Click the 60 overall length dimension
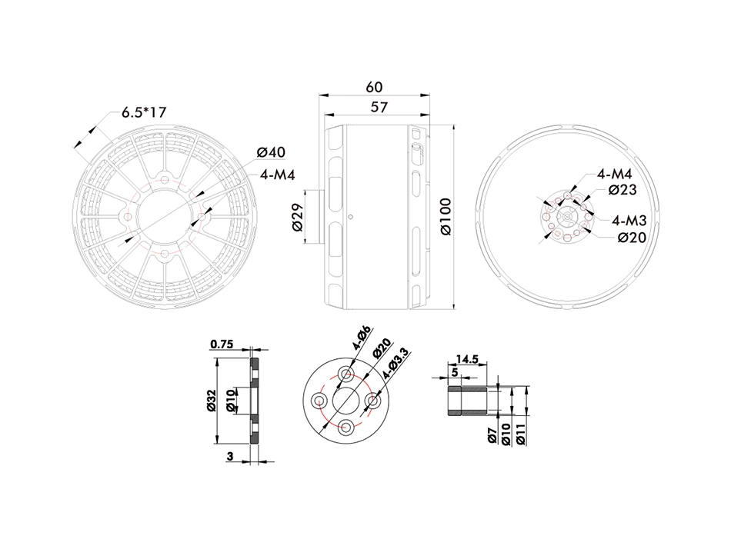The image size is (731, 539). point(375,87)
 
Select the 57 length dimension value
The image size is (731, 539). point(379,107)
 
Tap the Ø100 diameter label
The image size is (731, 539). point(446,217)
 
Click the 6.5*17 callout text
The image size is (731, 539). point(144,112)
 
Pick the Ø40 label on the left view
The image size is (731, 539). point(271,152)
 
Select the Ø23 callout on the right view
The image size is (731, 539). point(623,190)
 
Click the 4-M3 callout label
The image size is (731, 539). point(629,220)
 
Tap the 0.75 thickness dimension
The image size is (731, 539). point(222,344)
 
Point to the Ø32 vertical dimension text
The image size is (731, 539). point(211,401)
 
